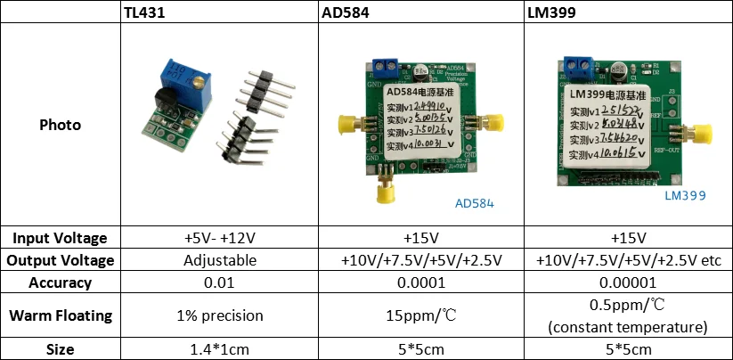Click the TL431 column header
click(x=144, y=12)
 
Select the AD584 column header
click(x=343, y=12)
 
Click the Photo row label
click(x=61, y=125)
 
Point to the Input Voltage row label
click(x=61, y=238)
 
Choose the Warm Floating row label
click(x=61, y=315)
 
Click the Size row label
click(x=61, y=349)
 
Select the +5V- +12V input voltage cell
click(x=220, y=238)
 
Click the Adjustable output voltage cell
click(x=220, y=260)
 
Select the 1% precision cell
click(x=220, y=315)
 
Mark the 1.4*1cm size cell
click(x=220, y=349)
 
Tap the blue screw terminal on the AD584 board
click(x=386, y=67)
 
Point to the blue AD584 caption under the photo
click(x=475, y=203)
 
